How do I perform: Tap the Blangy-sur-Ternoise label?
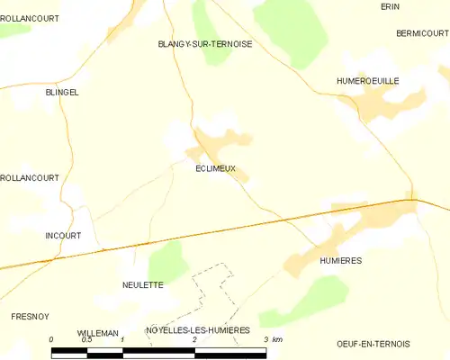pos(204,43)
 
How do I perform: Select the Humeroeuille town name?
pos(367,81)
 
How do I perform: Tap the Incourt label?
pos(63,236)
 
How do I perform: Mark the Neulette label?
pos(142,284)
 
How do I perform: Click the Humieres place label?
pos(340,260)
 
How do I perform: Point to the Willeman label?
pos(97,333)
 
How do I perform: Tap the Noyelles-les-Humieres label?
pos(197,330)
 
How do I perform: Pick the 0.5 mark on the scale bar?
pos(86,339)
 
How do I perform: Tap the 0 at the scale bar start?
pos(52,339)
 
